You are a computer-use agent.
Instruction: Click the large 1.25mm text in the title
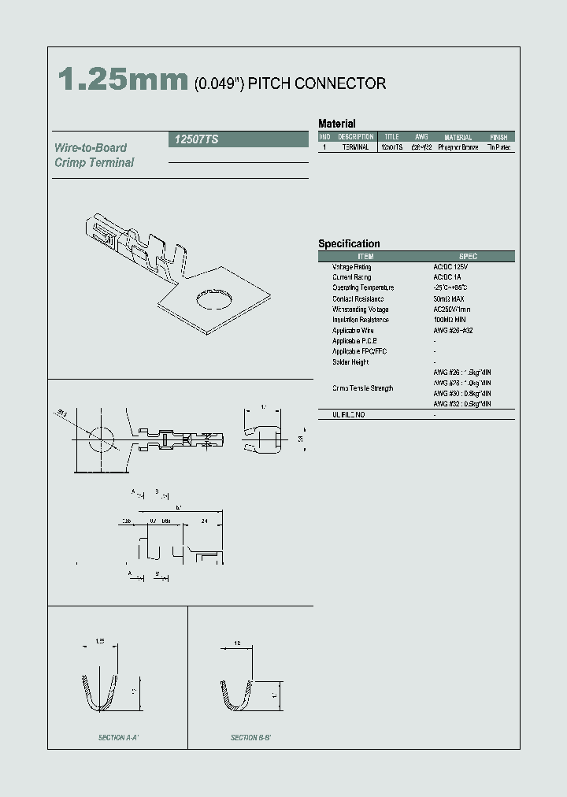[122, 81]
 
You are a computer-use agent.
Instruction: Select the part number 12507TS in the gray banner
[193, 139]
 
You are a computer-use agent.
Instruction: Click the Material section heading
[336, 124]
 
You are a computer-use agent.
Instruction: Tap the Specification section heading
[349, 244]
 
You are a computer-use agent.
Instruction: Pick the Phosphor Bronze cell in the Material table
[458, 147]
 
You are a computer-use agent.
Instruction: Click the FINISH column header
[498, 137]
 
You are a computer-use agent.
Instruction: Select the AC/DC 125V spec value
[451, 267]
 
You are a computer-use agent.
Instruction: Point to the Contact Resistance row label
[358, 298]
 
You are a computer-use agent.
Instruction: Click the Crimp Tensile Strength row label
[362, 388]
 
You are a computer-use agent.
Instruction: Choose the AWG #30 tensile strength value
[462, 393]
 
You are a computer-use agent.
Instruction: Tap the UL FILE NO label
[349, 414]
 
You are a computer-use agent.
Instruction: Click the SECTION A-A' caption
[118, 738]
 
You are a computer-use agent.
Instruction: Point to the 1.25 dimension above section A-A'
[100, 642]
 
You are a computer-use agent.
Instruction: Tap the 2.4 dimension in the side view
[205, 521]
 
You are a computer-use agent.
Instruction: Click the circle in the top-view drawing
[100, 438]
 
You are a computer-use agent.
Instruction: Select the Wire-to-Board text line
[91, 148]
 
